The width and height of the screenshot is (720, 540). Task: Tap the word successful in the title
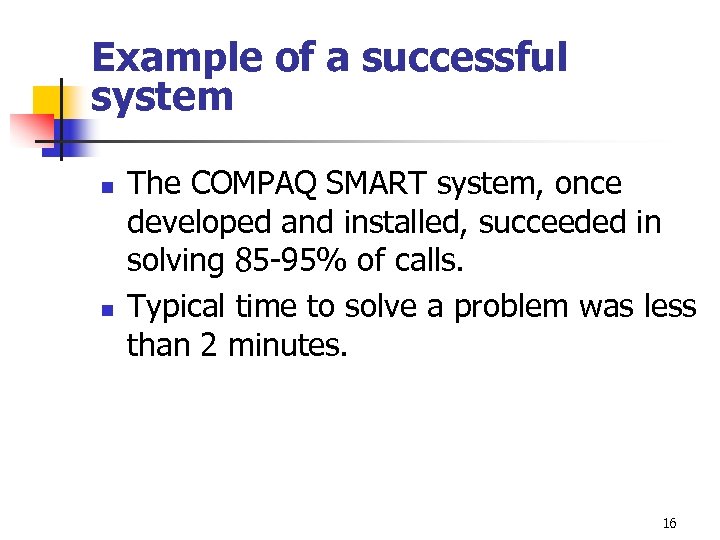pyautogui.click(x=464, y=59)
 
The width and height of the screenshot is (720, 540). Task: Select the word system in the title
pyautogui.click(x=162, y=98)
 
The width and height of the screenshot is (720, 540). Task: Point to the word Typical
pyautogui.click(x=181, y=306)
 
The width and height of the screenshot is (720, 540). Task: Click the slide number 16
pyautogui.click(x=669, y=524)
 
